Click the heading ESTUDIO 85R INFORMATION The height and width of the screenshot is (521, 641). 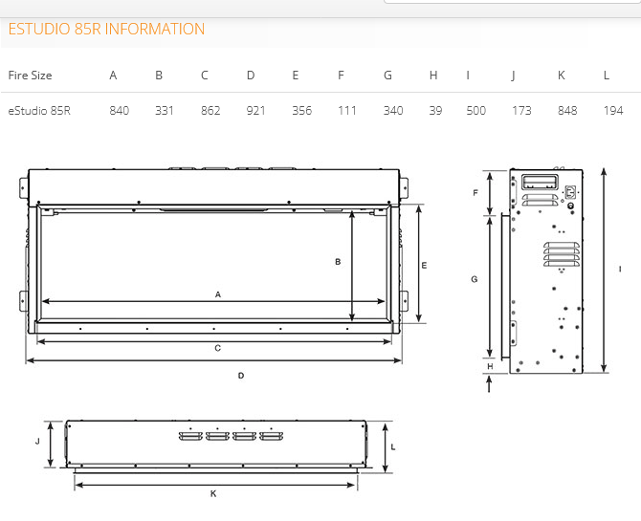[106, 29]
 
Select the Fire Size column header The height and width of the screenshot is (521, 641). [30, 76]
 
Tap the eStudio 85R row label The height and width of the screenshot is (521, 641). [39, 111]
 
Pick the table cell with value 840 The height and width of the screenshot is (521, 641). [120, 111]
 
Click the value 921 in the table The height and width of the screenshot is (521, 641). [255, 111]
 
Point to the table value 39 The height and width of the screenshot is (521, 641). [435, 111]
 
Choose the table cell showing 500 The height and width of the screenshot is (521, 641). [476, 111]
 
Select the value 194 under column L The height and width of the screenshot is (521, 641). [613, 111]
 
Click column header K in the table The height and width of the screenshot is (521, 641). [562, 76]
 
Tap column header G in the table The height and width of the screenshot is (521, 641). [388, 76]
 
